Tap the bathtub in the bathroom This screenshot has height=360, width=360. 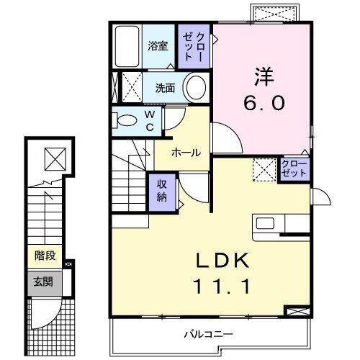127,47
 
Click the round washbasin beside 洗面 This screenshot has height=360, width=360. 197,89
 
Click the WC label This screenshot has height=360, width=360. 149,120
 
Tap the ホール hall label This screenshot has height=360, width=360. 186,153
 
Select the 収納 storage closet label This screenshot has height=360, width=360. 162,192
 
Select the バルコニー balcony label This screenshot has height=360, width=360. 207,334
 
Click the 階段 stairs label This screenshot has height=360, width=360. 45,255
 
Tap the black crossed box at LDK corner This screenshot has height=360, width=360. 296,312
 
